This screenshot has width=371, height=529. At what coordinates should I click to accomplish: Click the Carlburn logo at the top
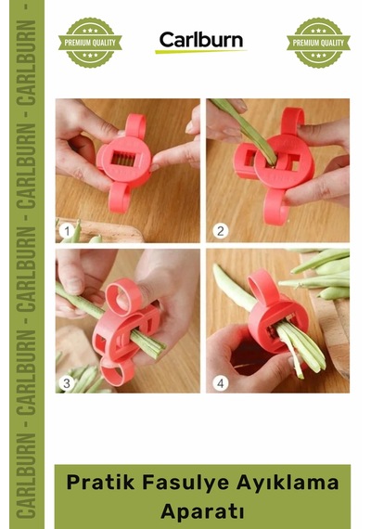(x=201, y=42)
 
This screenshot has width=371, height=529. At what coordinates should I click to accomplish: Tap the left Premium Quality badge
(x=90, y=43)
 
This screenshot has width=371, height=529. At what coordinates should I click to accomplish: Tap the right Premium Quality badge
(x=318, y=43)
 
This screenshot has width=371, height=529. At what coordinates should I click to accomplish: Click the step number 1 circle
(x=67, y=231)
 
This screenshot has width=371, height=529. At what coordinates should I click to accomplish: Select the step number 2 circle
(x=220, y=231)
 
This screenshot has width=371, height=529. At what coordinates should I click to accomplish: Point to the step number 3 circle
(x=67, y=383)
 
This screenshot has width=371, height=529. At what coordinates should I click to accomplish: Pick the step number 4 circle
(x=220, y=383)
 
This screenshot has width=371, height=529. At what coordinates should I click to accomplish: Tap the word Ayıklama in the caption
(x=288, y=483)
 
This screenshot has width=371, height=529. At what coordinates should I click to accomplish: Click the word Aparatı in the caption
(x=202, y=511)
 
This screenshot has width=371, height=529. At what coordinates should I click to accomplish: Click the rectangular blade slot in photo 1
(x=123, y=158)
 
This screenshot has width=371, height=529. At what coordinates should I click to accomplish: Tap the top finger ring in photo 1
(x=135, y=125)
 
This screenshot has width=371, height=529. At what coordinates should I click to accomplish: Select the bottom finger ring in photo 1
(x=119, y=199)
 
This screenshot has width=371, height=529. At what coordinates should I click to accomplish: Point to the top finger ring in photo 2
(x=292, y=120)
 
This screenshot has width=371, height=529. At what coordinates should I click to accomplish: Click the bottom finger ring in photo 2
(x=275, y=206)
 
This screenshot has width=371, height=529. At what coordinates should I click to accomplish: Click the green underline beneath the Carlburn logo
(x=201, y=52)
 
